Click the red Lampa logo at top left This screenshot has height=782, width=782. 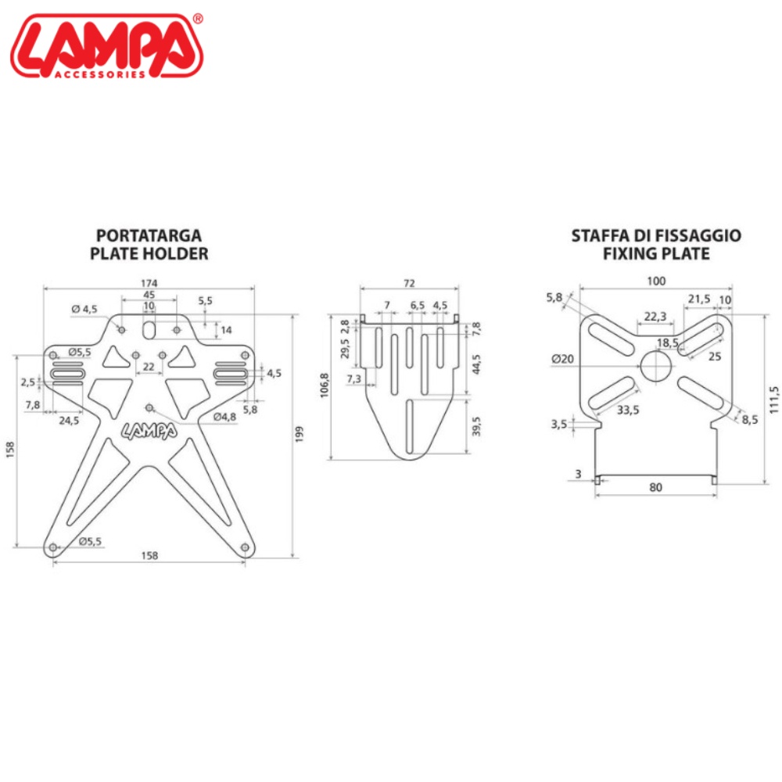[x=106, y=46]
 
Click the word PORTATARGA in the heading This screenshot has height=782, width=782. [x=149, y=235]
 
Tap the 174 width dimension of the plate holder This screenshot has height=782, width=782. [x=149, y=283]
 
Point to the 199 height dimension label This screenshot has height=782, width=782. [x=300, y=433]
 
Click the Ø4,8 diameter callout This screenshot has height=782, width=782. [x=224, y=417]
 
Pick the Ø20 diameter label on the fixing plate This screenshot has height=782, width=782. [x=562, y=359]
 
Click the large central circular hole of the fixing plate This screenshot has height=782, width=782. [x=657, y=366]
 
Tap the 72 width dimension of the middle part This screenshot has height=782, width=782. [x=409, y=283]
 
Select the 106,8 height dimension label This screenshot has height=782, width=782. [x=325, y=385]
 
